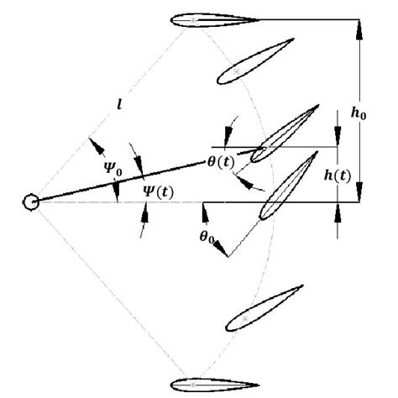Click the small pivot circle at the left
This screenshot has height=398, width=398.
click(31, 202)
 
